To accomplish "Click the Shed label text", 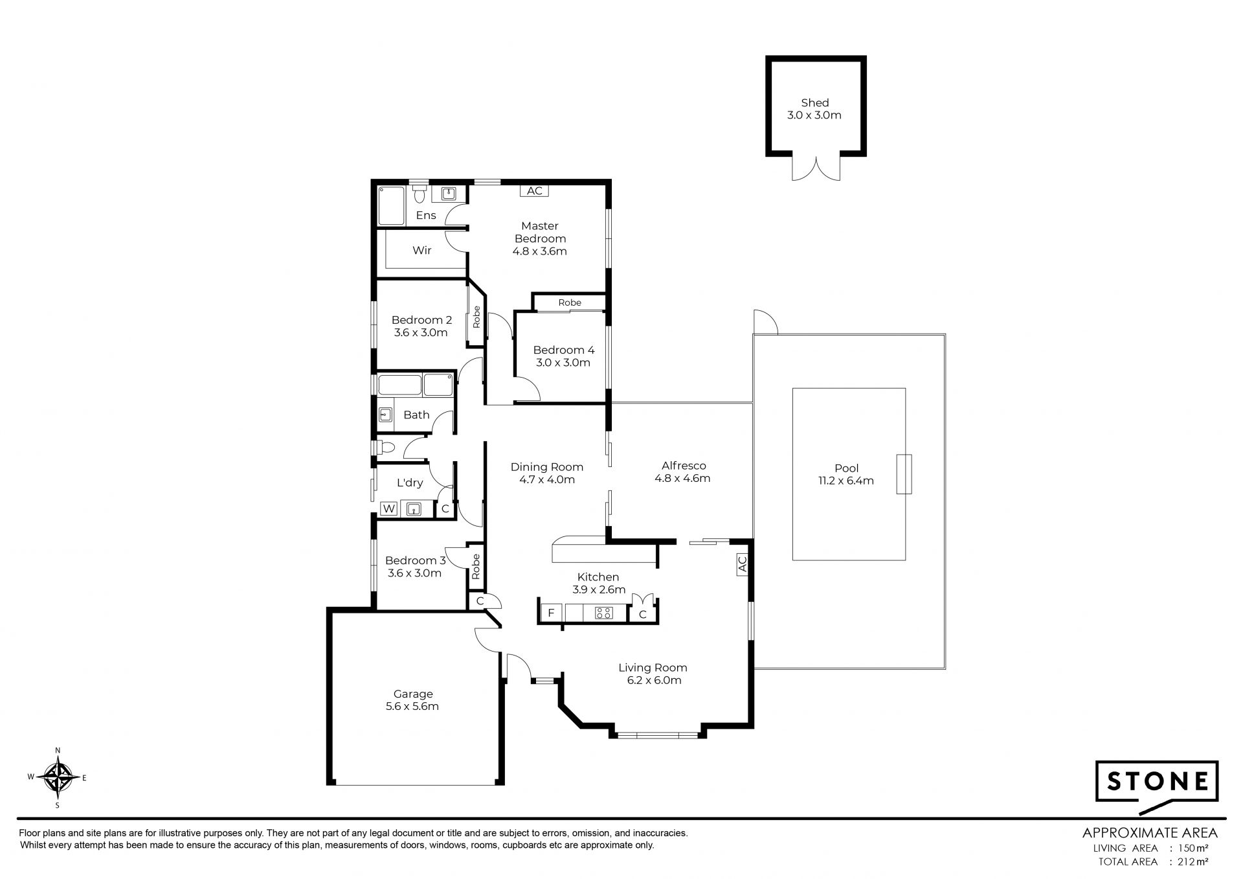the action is point(814,102).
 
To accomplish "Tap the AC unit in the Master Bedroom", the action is point(535,190).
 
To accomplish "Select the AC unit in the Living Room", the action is point(742,564).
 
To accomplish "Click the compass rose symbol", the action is point(58,777).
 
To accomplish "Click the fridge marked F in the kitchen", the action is point(552,613).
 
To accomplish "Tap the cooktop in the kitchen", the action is point(603,613).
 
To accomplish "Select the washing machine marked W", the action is point(389,509).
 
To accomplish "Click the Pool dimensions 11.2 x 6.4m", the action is point(847,481).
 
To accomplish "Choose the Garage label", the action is point(412,694).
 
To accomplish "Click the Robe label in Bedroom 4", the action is point(570,303).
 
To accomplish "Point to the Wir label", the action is point(422,250).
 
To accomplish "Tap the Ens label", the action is point(426,215).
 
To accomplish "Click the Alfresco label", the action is point(684,465).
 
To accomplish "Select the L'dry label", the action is point(410,482).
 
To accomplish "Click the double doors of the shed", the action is point(816,168).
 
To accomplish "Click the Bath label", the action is point(416,415).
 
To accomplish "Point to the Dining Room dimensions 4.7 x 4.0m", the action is point(547,479).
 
